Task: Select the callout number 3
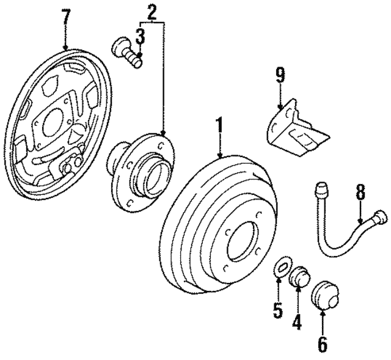[x=141, y=37]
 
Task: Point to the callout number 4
[x=297, y=320]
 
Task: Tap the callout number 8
[x=360, y=193]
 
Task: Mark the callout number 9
[x=280, y=76]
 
